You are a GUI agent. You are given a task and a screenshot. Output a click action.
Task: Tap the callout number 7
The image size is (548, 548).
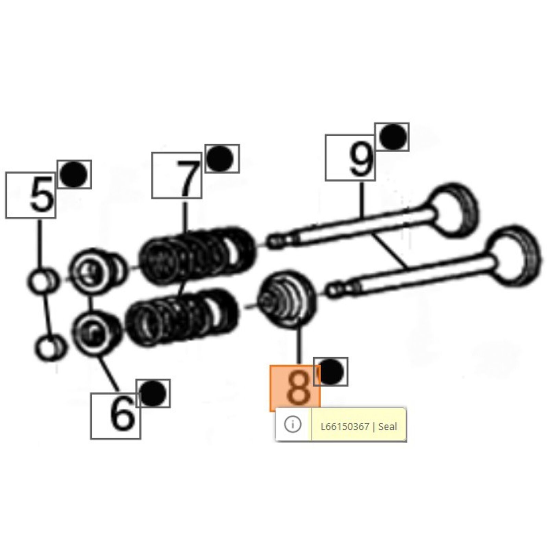pos(187,178)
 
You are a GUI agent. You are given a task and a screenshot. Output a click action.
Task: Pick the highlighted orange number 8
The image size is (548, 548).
pos(298,388)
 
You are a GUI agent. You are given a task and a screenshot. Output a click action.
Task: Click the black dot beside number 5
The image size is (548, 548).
pos(74,174)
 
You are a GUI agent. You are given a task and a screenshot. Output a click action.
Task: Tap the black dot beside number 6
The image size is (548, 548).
pos(153,394)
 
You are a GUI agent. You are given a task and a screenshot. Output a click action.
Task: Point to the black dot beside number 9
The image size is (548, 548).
pos(392,137)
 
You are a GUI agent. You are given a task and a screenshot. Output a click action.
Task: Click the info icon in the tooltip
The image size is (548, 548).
pos(292,424)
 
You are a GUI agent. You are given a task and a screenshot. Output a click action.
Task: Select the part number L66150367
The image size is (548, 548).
pos(345,427)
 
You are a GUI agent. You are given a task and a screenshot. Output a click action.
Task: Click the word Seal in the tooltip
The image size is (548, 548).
pos(388,427)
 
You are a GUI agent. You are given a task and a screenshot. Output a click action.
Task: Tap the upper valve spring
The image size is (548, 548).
pos(197,255)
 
